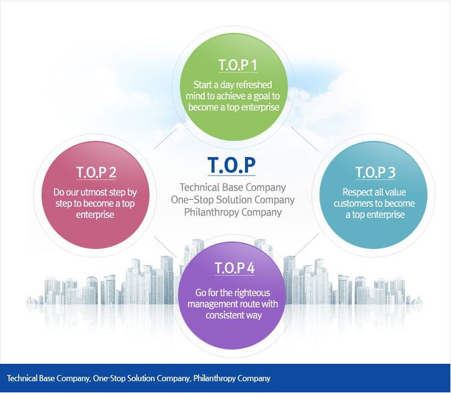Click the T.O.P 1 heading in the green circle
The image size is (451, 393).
point(238,65)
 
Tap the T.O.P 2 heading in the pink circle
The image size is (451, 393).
point(96,172)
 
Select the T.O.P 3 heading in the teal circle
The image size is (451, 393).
point(375,172)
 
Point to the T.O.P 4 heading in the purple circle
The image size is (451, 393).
point(234,268)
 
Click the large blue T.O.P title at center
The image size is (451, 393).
point(231,165)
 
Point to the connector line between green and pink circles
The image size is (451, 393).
point(166,138)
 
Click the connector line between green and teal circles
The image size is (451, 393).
point(305,139)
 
